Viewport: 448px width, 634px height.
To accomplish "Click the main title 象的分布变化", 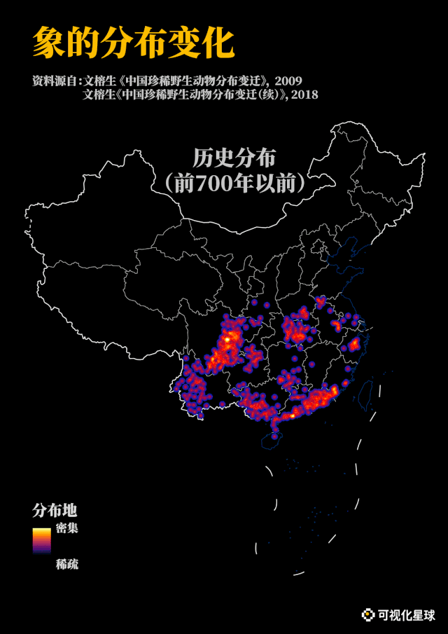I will click(x=133, y=43).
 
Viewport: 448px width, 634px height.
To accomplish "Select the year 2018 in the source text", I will click(x=304, y=95).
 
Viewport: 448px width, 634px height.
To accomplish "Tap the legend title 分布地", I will click(x=55, y=509).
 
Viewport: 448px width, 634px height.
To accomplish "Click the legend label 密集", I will click(x=67, y=528).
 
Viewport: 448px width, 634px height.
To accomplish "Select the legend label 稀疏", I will click(x=67, y=564).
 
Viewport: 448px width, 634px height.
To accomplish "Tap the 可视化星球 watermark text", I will click(x=407, y=615).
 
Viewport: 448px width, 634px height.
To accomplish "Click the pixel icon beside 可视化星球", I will click(x=367, y=615).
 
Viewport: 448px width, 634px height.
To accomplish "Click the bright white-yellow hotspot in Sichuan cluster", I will click(x=227, y=340).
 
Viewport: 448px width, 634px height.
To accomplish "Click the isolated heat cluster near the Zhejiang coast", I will click(x=354, y=343).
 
